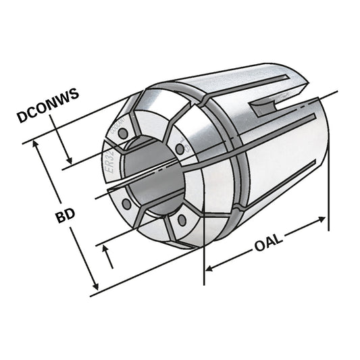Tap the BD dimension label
click(x=65, y=216)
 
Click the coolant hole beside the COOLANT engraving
click(x=122, y=134)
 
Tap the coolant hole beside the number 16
click(x=179, y=149)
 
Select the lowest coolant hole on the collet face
click(x=180, y=218)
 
